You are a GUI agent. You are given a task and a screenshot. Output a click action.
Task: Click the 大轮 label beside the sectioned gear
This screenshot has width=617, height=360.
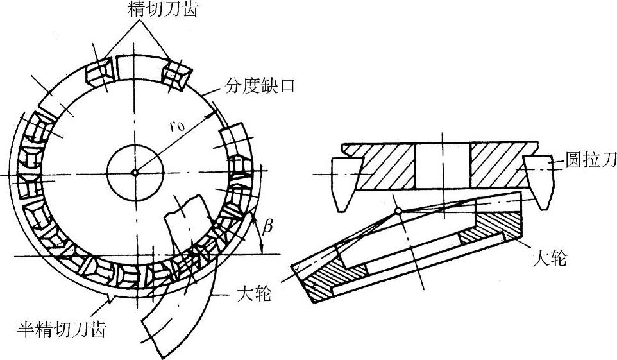tap(550, 260)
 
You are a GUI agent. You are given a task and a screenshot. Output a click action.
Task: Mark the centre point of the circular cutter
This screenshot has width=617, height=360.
tap(135, 172)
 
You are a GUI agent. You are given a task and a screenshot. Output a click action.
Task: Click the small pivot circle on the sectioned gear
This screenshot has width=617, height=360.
tap(398, 211)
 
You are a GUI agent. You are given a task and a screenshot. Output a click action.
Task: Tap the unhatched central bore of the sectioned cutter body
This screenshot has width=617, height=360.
tap(443, 166)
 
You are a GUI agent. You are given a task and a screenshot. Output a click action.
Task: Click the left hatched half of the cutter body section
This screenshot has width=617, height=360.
tap(385, 166)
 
